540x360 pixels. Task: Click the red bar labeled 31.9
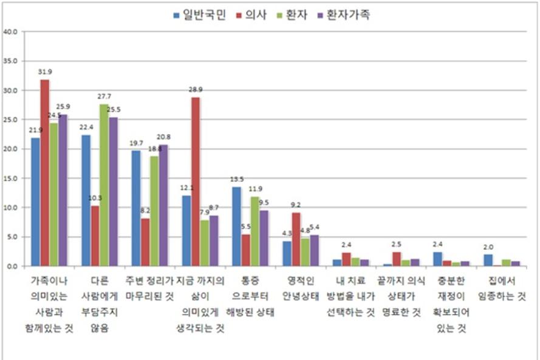44,173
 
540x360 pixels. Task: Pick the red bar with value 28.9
196,182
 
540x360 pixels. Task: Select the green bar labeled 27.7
104,185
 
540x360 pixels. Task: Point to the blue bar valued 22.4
86,200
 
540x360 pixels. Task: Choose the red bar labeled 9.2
296,239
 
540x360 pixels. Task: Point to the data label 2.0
488,248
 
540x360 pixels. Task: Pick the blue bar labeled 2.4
437,259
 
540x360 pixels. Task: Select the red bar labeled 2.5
397,259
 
